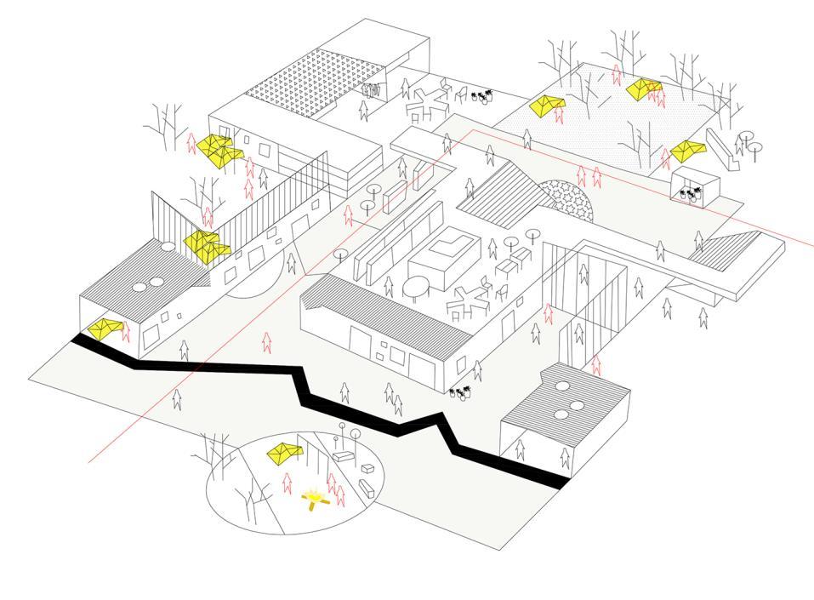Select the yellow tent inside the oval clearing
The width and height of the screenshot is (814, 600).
(284, 453)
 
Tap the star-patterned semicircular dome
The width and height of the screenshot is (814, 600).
(568, 199)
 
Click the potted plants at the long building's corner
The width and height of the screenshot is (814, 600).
(462, 393)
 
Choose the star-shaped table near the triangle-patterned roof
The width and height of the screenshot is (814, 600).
(427, 103)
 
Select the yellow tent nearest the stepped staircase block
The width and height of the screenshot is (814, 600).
(687, 151)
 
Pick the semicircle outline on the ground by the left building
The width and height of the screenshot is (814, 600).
(255, 281)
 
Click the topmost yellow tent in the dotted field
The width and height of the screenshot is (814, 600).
(644, 87)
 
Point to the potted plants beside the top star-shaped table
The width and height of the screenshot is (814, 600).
(483, 96)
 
